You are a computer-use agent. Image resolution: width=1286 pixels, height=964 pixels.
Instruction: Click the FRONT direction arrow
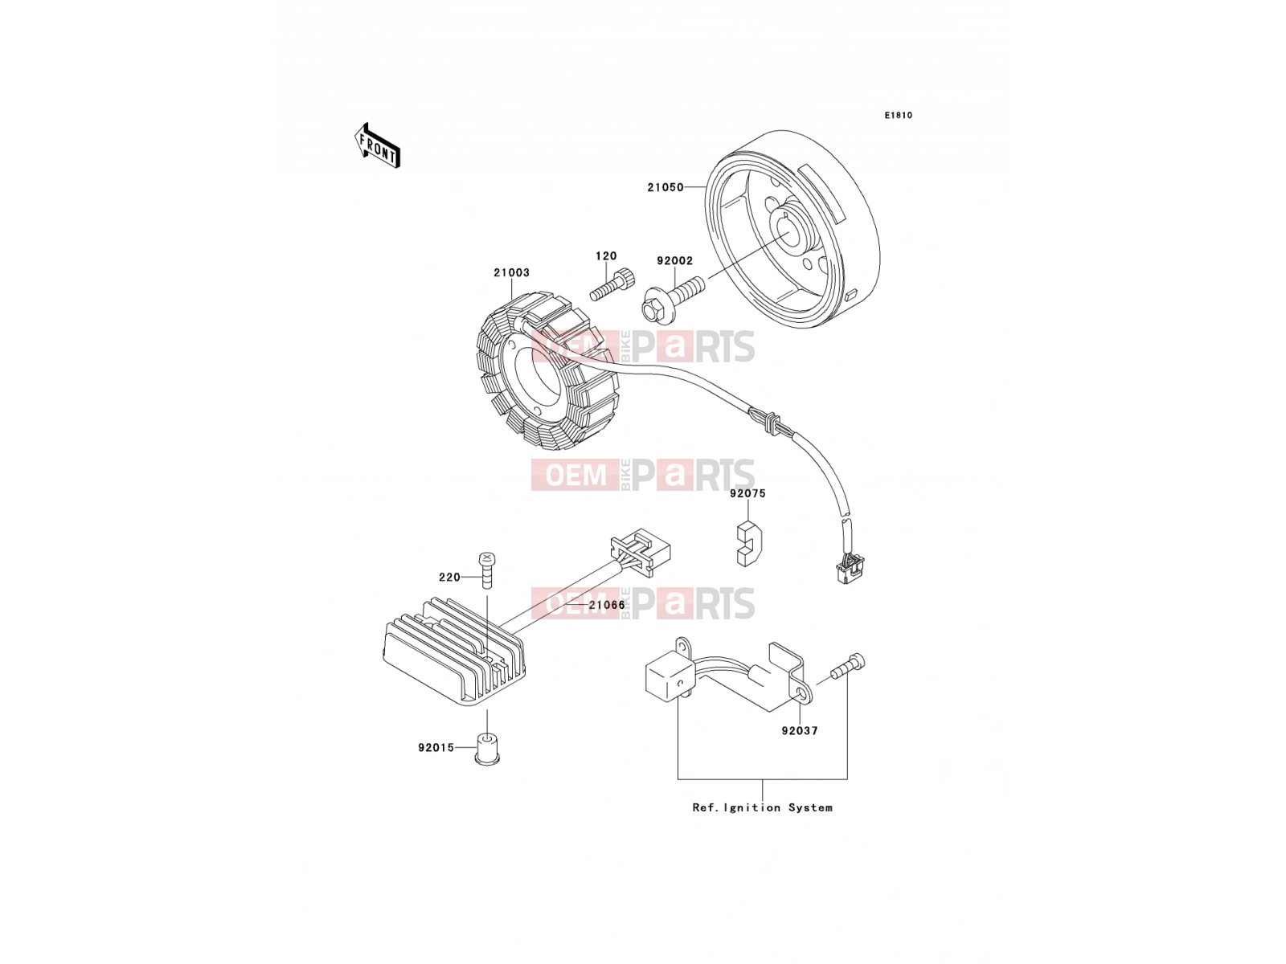coord(377,145)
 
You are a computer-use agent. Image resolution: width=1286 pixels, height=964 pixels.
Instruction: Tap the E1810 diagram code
coord(898,116)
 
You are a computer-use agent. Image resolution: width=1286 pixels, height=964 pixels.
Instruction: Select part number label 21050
coord(665,187)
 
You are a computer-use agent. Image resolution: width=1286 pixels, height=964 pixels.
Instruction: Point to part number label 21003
coord(511,272)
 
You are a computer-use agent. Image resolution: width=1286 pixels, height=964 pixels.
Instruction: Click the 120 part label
coord(606,255)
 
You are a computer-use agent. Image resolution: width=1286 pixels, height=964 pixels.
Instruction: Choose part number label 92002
coord(674,260)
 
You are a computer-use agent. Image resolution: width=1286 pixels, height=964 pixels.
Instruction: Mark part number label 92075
coord(747,493)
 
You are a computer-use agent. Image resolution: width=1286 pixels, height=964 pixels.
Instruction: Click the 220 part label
coord(449,577)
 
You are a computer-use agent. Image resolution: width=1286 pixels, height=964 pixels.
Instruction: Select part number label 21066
coord(607,605)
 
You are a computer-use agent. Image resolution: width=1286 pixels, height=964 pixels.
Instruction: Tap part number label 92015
coord(436,747)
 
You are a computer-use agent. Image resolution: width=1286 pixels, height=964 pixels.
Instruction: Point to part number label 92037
coord(799,730)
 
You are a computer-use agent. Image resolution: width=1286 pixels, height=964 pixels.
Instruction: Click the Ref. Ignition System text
coord(762,807)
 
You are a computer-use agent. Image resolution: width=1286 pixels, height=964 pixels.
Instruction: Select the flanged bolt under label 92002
coord(672,299)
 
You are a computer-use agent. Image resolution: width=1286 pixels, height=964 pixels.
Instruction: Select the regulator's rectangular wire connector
coord(641,553)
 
